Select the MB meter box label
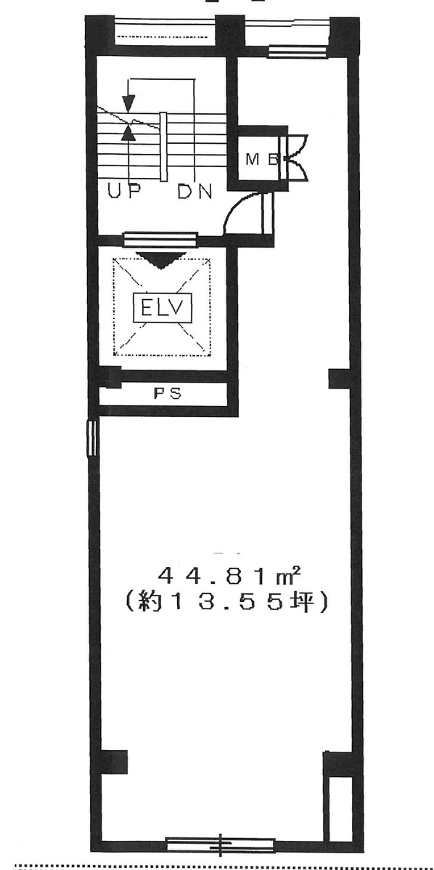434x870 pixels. (261, 160)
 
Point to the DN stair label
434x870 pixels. (195, 192)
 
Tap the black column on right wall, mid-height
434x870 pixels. (339, 378)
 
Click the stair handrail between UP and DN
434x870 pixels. (164, 147)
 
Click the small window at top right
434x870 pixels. (290, 51)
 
